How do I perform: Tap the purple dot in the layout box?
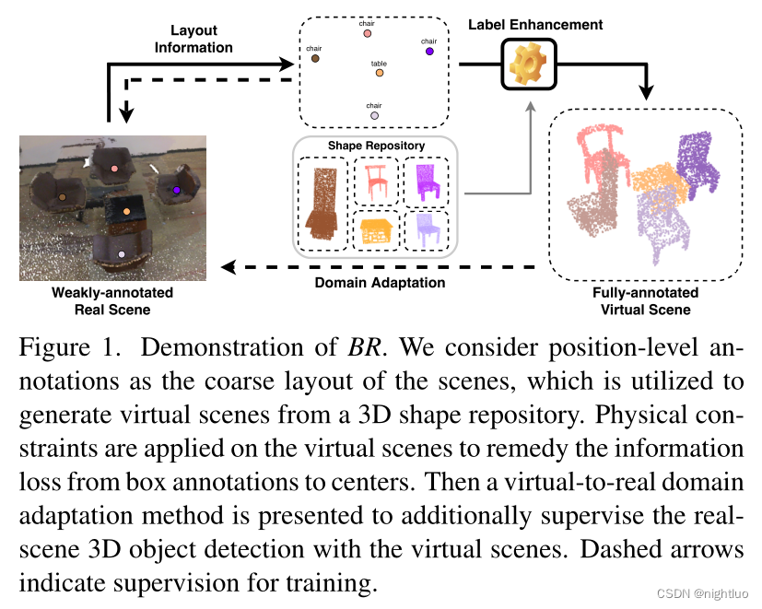tap(429, 52)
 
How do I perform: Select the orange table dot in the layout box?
tap(379, 75)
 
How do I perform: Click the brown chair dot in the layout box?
tap(315, 58)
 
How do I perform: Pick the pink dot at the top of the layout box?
tap(368, 34)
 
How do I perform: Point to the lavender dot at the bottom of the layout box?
tap(373, 116)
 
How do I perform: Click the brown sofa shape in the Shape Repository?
tap(322, 205)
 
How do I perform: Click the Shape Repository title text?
tap(376, 146)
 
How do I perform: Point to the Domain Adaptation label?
tap(381, 283)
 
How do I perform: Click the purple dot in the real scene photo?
tap(177, 190)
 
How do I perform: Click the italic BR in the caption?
tap(360, 348)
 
